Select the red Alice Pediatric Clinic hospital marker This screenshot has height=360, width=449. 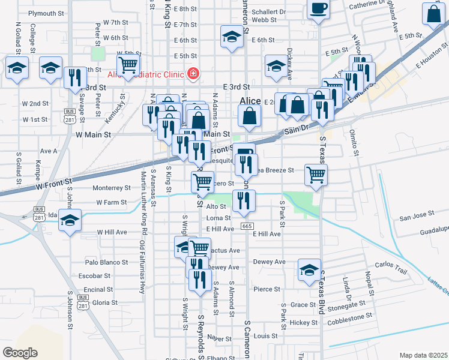click(x=193, y=74)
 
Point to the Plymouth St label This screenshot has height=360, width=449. click(x=46, y=13)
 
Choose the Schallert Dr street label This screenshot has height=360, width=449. click(x=269, y=11)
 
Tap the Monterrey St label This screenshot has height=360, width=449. click(x=112, y=188)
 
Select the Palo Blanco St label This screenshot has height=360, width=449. click(x=106, y=262)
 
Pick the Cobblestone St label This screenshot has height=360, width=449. click(x=351, y=314)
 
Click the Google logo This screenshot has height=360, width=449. click(x=20, y=353)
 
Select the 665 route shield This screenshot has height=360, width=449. click(x=247, y=226)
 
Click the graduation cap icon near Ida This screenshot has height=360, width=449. click(x=70, y=220)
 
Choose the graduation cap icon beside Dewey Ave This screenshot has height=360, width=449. click(x=309, y=270)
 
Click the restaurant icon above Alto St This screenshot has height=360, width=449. click(x=243, y=201)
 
